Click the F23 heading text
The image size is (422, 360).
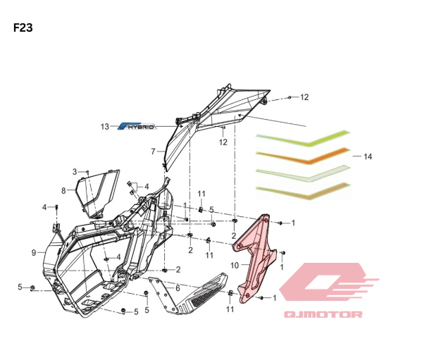(23, 28)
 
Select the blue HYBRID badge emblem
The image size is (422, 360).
(137, 126)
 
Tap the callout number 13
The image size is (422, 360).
(105, 126)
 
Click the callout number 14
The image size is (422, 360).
(368, 156)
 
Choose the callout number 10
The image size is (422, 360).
(235, 266)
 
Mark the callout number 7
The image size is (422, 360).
(153, 151)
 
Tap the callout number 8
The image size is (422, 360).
(63, 191)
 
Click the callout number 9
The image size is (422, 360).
(34, 253)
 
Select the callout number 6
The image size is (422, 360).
(178, 288)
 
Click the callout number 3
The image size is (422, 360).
(75, 172)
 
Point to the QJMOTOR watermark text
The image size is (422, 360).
(323, 314)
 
